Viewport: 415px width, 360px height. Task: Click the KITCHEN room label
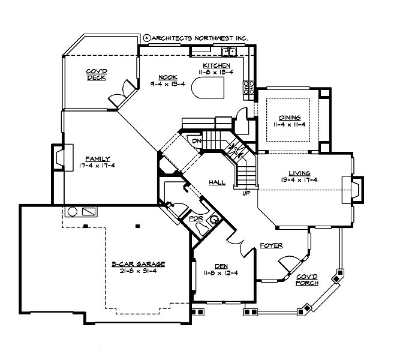(x=217, y=65)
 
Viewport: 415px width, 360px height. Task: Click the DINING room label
(x=289, y=118)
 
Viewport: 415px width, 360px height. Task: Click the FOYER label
(x=271, y=245)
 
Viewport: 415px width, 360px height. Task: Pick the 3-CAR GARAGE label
(x=138, y=264)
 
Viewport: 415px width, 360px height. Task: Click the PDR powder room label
(x=196, y=219)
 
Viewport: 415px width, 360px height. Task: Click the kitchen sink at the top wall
(x=230, y=52)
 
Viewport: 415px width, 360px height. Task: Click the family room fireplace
(x=60, y=158)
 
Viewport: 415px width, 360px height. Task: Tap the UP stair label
(x=245, y=193)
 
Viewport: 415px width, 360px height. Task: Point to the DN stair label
(x=197, y=140)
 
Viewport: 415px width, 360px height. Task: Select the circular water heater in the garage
(x=73, y=212)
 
